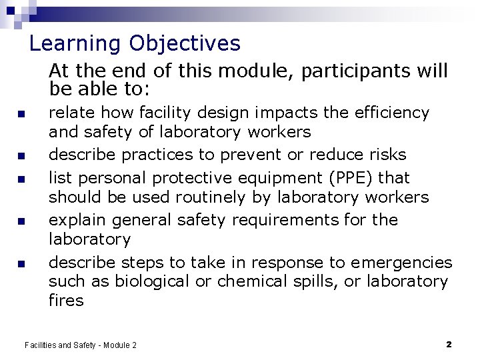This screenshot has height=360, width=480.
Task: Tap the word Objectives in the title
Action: [185, 44]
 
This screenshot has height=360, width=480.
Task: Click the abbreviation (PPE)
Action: [350, 179]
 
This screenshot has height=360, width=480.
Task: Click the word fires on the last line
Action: [66, 301]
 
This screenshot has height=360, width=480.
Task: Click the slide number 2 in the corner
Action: [449, 344]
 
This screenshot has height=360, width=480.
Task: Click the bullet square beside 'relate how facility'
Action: [21, 113]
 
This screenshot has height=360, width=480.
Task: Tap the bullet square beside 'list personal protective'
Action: [21, 179]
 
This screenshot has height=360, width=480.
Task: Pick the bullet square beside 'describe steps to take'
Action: [21, 264]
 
